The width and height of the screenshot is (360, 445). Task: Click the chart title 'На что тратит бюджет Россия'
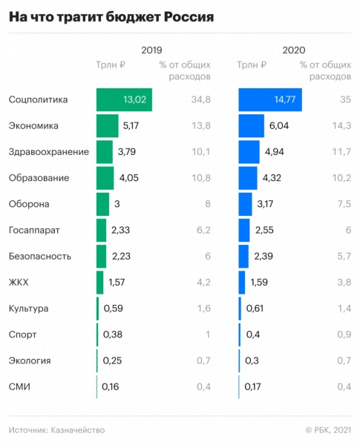pyautogui.click(x=111, y=17)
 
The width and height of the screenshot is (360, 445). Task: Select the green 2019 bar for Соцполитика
pyautogui.click(x=124, y=100)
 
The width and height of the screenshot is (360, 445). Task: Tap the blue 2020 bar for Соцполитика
pyautogui.click(x=269, y=100)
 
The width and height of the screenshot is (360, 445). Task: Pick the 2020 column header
pyautogui.click(x=293, y=50)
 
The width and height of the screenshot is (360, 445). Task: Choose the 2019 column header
pyautogui.click(x=152, y=50)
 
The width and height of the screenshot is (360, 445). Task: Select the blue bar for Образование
pyautogui.click(x=248, y=178)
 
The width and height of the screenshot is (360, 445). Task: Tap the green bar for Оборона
pyautogui.click(x=102, y=204)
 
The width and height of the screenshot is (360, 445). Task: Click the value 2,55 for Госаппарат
pyautogui.click(x=265, y=231)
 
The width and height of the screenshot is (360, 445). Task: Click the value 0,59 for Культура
pyautogui.click(x=113, y=309)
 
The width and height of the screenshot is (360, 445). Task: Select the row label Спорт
pyautogui.click(x=23, y=334)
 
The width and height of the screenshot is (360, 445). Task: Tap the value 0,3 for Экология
pyautogui.click(x=252, y=360)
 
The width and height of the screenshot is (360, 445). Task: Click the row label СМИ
pyautogui.click(x=19, y=386)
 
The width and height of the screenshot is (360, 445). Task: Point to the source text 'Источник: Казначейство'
pyautogui.click(x=56, y=429)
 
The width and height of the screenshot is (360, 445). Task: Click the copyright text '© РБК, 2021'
pyautogui.click(x=327, y=429)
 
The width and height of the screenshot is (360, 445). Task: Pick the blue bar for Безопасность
pyautogui.click(x=243, y=257)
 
